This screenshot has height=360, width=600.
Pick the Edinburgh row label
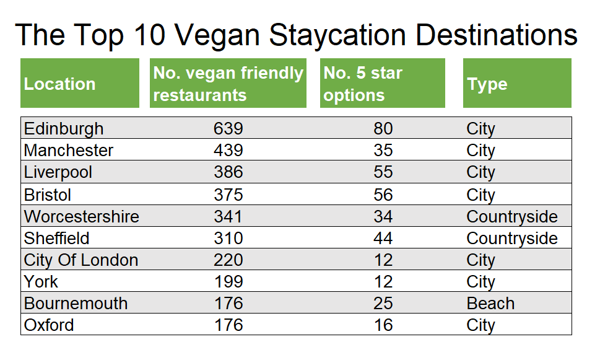coord(64,128)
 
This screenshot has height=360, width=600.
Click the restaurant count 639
coord(228,128)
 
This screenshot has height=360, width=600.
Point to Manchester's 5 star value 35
coord(383,151)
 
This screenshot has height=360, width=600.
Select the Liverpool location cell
coord(58,172)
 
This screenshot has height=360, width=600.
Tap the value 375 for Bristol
coord(228,195)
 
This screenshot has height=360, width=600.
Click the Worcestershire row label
coord(81,217)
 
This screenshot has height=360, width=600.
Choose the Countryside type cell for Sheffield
coord(512,239)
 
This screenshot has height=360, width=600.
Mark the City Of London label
coord(80,260)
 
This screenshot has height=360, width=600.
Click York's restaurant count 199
coord(228,282)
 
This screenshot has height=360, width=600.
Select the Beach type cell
coord(490,304)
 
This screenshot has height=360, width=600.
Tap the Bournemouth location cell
coord(76,304)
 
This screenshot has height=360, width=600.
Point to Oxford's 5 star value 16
coord(383,325)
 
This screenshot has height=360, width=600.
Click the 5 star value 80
coord(383,128)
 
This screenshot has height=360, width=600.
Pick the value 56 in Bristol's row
coord(383,195)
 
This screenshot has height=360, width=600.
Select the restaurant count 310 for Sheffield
coord(228,239)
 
